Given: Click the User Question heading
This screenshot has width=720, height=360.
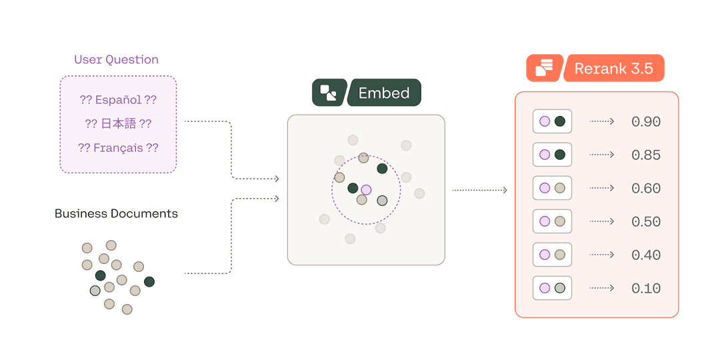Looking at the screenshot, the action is point(116,60).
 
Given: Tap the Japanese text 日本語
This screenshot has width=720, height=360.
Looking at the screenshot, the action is point(118,123).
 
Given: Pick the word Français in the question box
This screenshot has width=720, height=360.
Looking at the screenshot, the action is point(118,148).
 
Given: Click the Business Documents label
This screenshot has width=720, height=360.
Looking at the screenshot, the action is point(116,213).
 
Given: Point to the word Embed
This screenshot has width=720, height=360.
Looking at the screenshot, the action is point(384,93).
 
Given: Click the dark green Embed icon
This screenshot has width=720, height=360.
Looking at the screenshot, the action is point(328,93).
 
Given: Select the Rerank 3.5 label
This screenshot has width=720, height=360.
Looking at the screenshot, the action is point(613,69).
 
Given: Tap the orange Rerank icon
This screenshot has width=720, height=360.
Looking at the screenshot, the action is point(545,68).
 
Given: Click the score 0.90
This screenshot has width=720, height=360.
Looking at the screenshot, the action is point(646,122).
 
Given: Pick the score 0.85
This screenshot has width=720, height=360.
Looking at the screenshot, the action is point(646,155).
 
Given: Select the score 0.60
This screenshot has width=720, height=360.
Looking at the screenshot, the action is point(646,188).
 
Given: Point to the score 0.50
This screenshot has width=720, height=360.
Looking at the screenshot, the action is point(646,222).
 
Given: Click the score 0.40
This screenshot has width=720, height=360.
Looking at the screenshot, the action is point(646,255).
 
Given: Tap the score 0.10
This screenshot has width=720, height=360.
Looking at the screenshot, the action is point(646,289).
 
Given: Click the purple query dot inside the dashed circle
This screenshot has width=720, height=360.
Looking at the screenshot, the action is point(366,189).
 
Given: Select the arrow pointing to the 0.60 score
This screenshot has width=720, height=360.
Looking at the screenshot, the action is point(601,188).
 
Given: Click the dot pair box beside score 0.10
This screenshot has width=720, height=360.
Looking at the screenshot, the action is point(552,288).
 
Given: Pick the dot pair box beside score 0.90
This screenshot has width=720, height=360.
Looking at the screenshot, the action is point(552,121).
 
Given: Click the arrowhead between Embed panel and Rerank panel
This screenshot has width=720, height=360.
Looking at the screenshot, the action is point(505,190).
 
